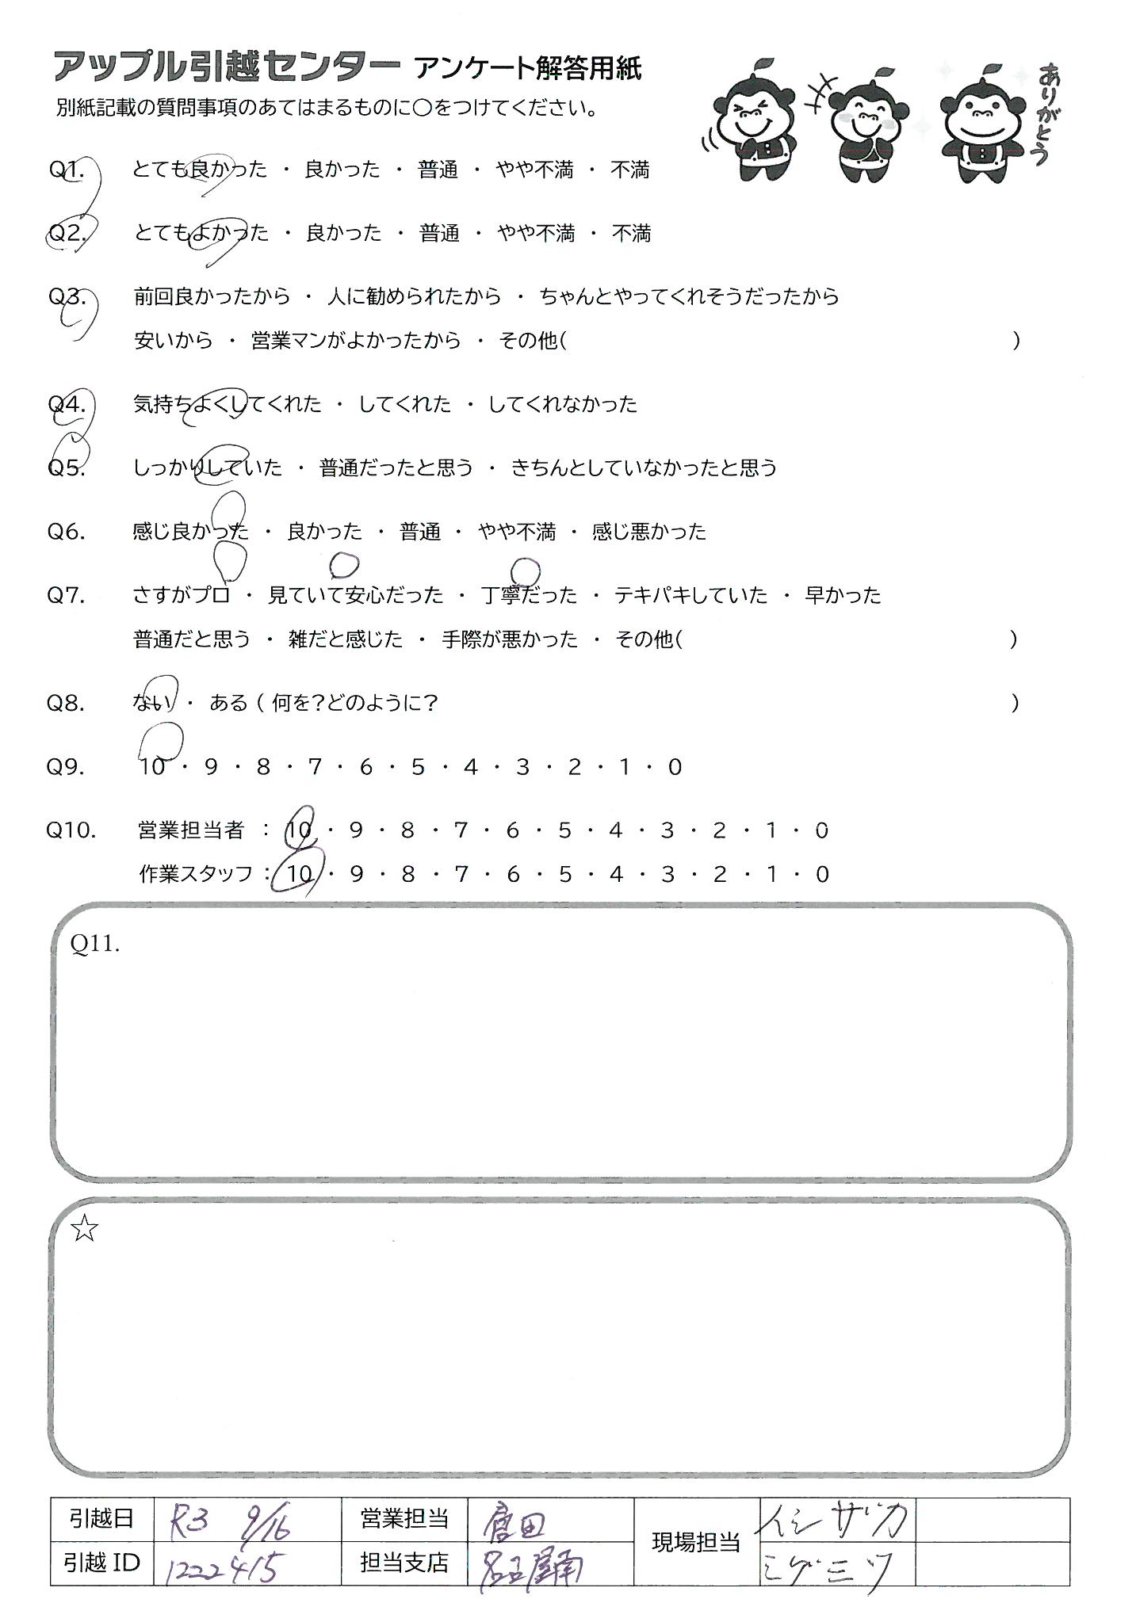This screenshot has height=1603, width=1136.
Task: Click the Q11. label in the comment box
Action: tap(95, 943)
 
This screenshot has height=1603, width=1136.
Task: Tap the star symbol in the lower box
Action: tap(84, 1229)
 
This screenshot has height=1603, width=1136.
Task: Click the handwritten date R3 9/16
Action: tap(230, 1519)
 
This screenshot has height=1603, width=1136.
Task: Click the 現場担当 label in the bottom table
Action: tap(695, 1541)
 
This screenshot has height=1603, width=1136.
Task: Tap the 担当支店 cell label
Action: tap(404, 1563)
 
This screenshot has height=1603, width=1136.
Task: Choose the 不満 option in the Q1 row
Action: tap(630, 170)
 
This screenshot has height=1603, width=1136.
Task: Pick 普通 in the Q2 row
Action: tap(440, 233)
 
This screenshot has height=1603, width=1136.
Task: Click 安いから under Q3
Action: tap(174, 341)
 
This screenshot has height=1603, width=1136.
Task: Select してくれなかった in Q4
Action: tap(562, 404)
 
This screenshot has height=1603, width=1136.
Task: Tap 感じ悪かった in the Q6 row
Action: tap(648, 531)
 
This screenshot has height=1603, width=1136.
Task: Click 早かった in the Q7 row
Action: tap(843, 594)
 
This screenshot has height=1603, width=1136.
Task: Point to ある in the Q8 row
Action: tap(228, 703)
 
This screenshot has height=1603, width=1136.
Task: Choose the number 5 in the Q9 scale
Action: tap(418, 766)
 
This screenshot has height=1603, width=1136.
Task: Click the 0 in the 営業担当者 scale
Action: tap(821, 830)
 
